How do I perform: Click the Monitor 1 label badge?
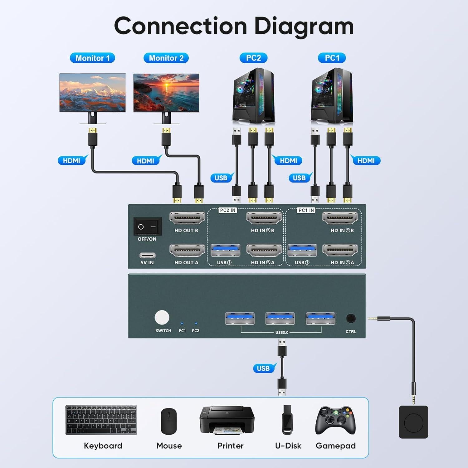92,58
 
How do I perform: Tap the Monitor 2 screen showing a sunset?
166,93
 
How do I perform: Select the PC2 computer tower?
253,96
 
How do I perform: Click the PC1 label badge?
332,58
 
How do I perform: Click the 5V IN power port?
147,255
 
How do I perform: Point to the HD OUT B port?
187,218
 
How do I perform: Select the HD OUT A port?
187,250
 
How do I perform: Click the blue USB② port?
225,250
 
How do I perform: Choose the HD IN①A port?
340,250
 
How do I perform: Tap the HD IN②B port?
264,218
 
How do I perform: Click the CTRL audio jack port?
351,319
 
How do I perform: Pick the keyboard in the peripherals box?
101,420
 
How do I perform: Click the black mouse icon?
169,421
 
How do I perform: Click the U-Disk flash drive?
287,420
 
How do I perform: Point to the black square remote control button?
413,422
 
